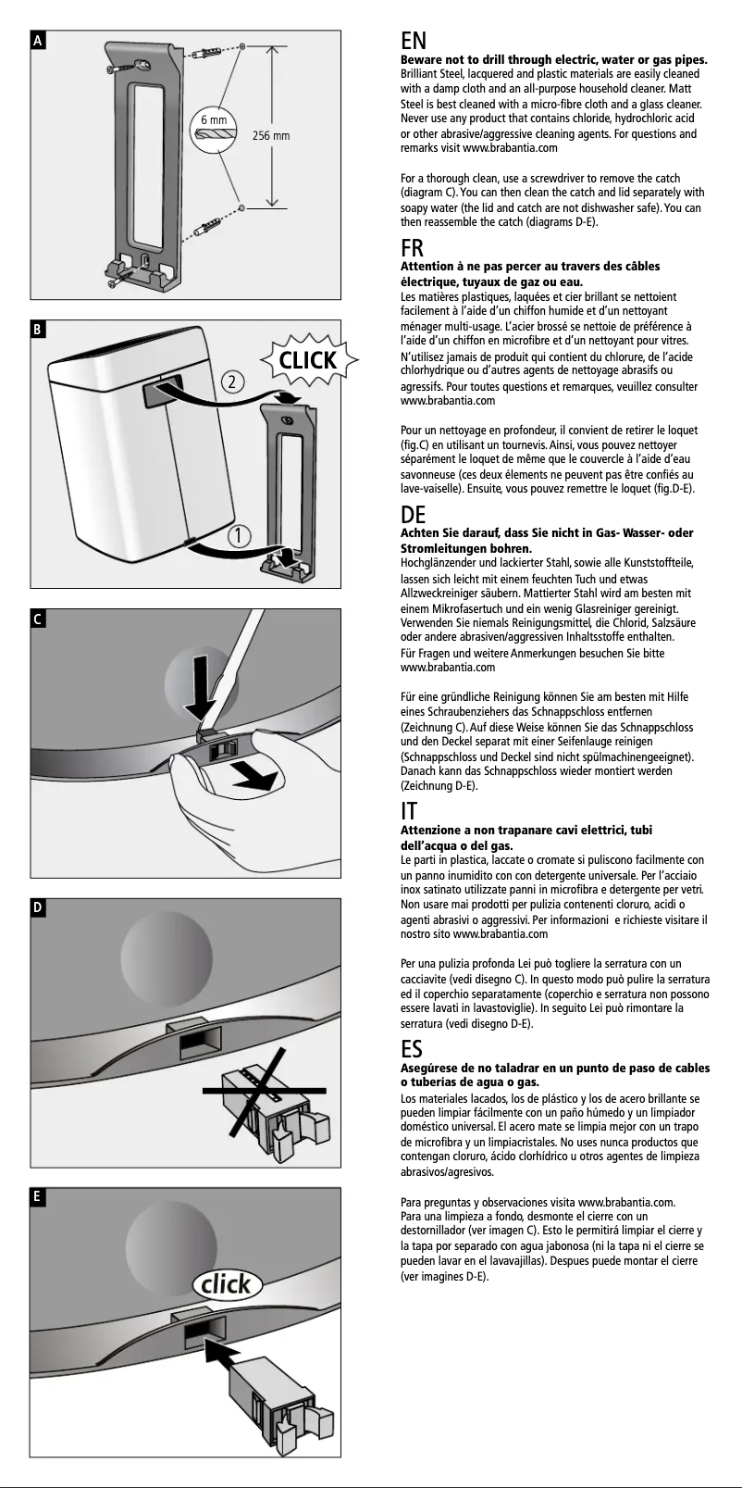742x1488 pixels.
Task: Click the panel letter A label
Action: (38, 41)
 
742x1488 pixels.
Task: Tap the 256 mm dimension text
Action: (271, 136)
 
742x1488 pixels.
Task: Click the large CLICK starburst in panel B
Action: (307, 360)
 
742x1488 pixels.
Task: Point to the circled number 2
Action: (233, 381)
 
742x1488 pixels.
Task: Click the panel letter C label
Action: (38, 619)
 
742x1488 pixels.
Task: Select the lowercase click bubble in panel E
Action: (227, 1283)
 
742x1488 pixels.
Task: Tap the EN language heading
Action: (413, 42)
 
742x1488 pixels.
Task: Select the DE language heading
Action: (413, 515)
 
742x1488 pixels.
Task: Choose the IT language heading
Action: (408, 812)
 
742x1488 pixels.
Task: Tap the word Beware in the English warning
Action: (421, 60)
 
